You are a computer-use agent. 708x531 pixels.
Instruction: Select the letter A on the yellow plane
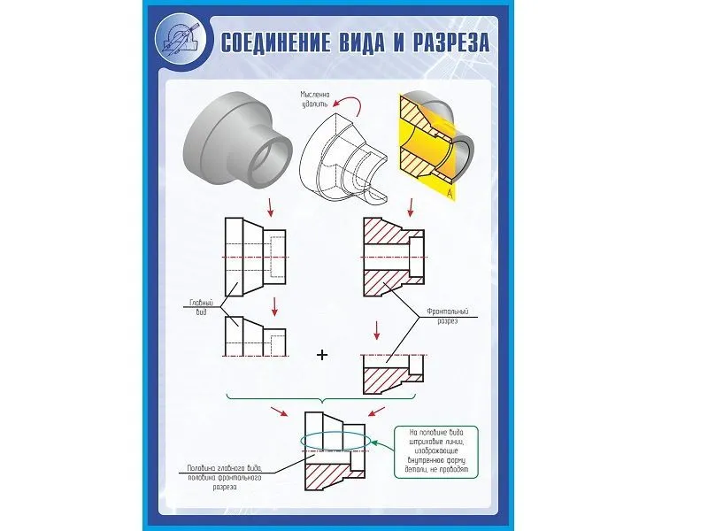(450, 192)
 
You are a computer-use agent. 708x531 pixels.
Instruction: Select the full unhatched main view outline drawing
(255, 256)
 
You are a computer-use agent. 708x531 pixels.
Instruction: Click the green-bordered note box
(435, 452)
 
